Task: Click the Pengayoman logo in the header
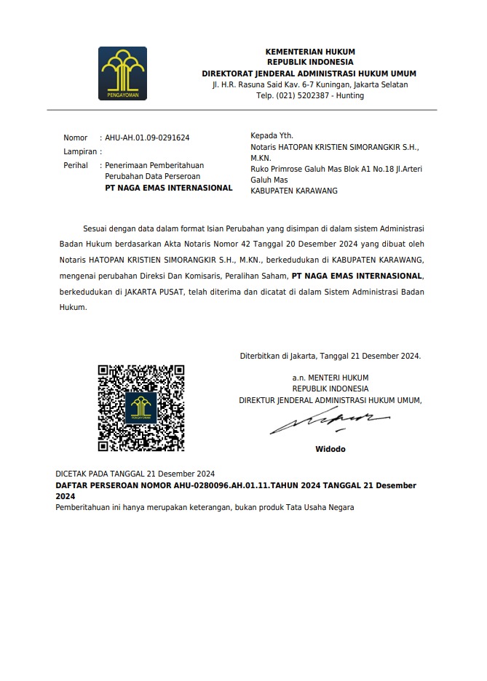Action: point(122,73)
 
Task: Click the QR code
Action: point(140,408)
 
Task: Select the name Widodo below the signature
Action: point(330,449)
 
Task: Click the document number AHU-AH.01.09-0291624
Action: point(147,138)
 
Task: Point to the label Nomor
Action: point(75,138)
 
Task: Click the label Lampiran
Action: point(79,151)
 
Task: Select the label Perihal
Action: point(76,165)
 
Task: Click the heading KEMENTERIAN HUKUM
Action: point(310,52)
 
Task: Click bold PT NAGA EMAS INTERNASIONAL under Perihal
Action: point(169,188)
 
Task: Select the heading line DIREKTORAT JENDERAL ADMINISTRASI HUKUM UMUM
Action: point(309,74)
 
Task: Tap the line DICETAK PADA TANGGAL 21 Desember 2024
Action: point(135,473)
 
